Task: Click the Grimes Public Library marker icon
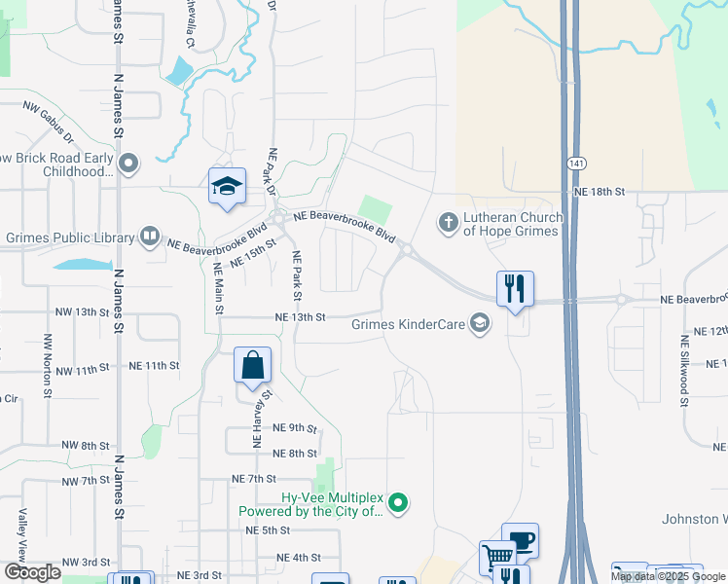[150, 235]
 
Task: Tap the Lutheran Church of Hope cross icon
[449, 223]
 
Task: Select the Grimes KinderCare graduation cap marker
[479, 324]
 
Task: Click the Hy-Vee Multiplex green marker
[397, 503]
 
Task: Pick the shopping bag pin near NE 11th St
[252, 367]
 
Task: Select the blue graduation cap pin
[227, 186]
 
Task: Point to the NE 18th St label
[599, 193]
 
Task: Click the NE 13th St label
[299, 317]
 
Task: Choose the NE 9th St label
[295, 428]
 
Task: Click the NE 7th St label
[255, 479]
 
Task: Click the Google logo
[32, 573]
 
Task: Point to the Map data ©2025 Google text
[668, 576]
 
